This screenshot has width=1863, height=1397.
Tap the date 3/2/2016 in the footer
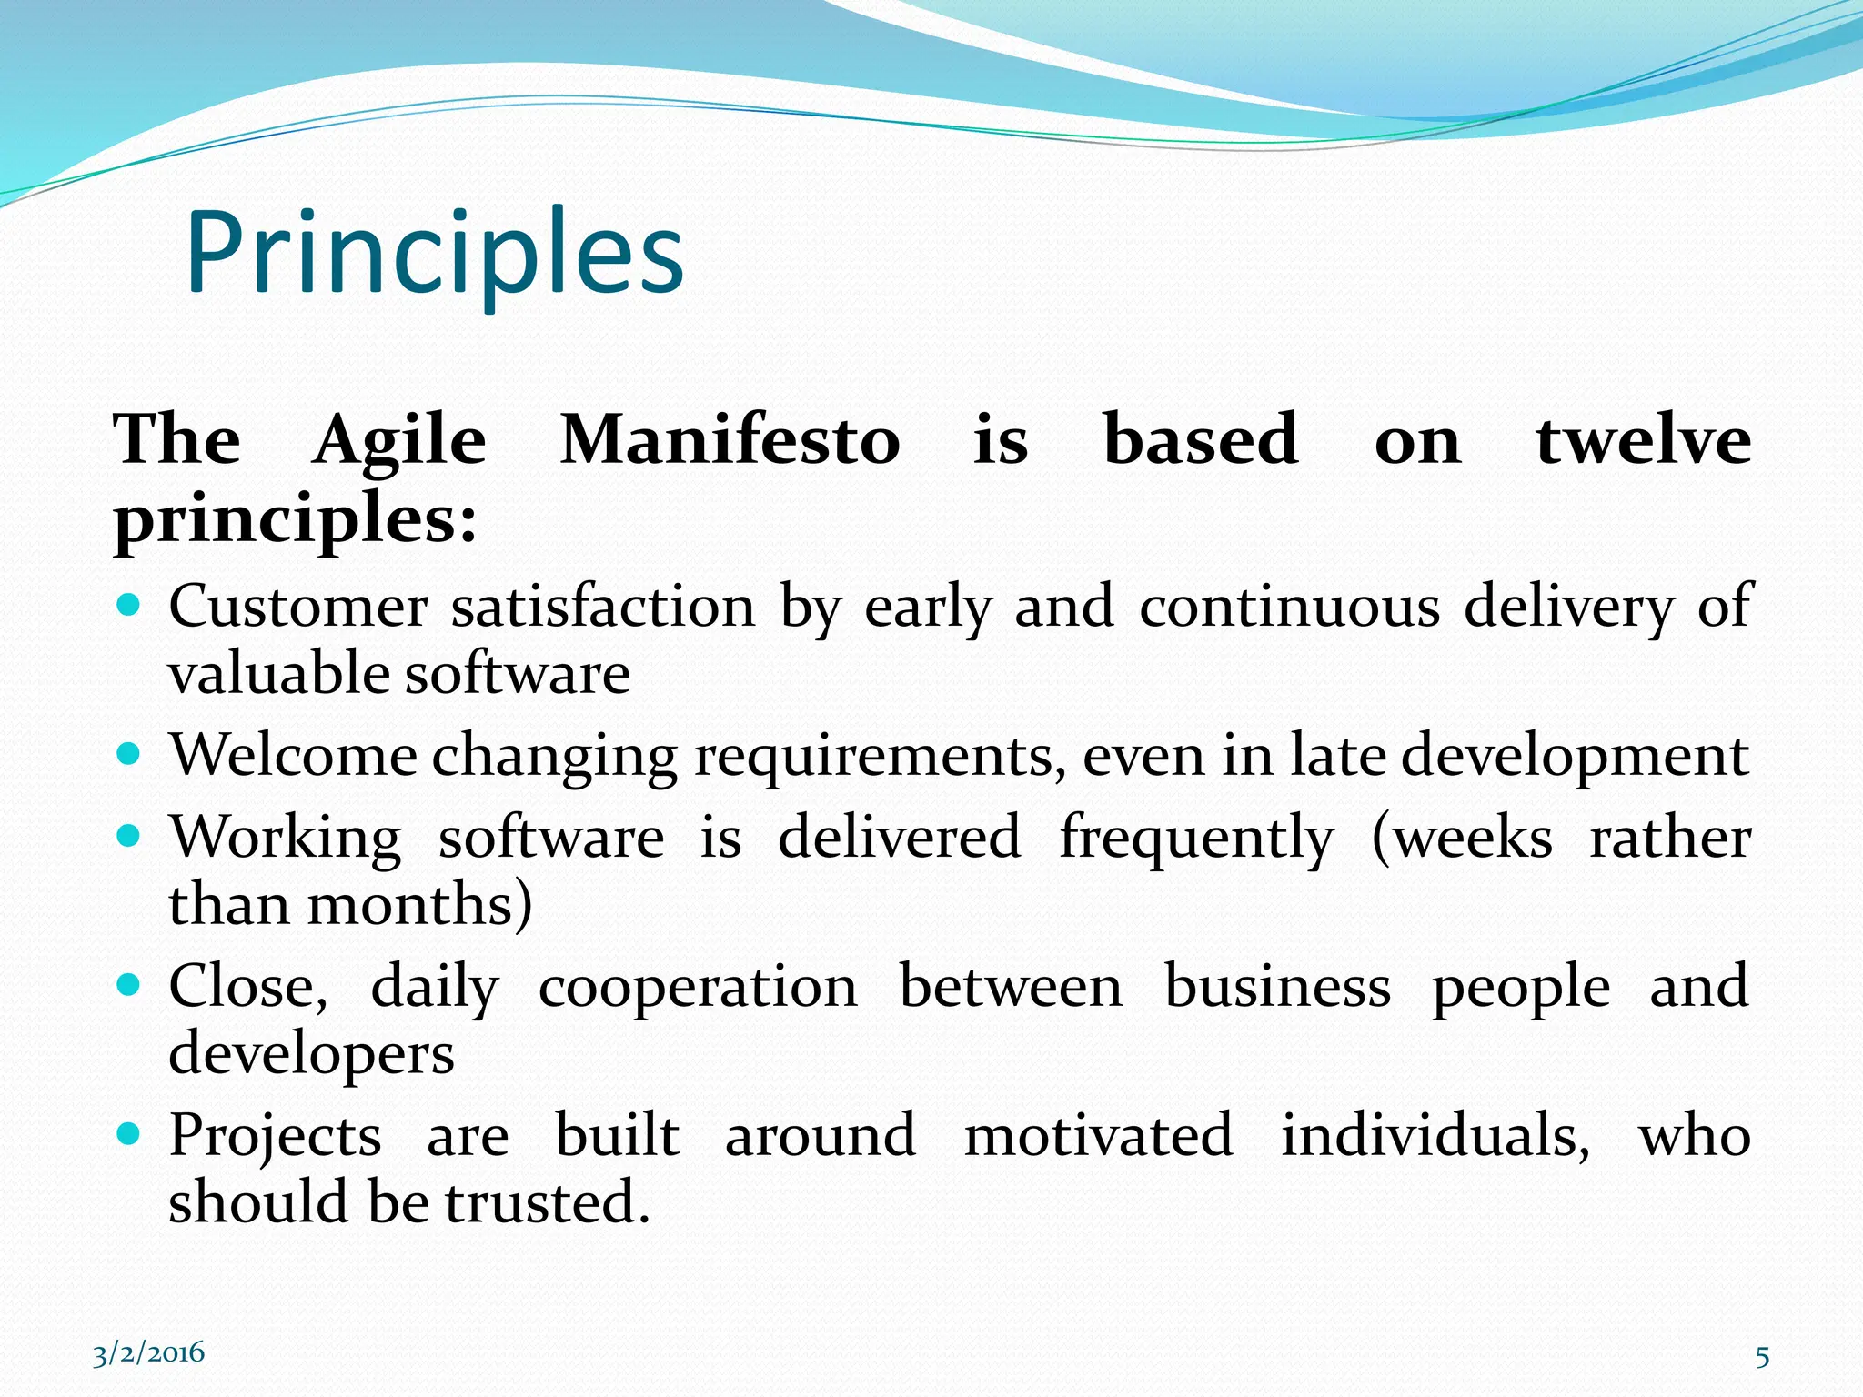[148, 1353]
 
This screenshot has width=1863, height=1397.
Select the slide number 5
[1762, 1357]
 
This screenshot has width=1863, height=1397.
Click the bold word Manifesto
[730, 440]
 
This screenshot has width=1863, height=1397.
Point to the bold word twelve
[1643, 440]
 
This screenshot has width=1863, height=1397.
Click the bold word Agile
[399, 442]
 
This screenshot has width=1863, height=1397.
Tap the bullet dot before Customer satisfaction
[129, 605]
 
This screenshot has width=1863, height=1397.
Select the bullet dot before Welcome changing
[129, 753]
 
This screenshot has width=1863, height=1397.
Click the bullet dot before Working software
[129, 835]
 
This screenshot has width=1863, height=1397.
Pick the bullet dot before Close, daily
[129, 984]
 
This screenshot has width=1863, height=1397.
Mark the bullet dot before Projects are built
[129, 1133]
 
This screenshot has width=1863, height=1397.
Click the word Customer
[297, 607]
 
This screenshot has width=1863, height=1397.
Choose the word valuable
[279, 675]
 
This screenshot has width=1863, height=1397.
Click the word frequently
[1196, 839]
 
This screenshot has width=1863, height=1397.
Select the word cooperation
[698, 988]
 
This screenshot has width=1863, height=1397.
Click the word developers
[311, 1055]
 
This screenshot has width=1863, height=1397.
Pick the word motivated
[1098, 1136]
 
